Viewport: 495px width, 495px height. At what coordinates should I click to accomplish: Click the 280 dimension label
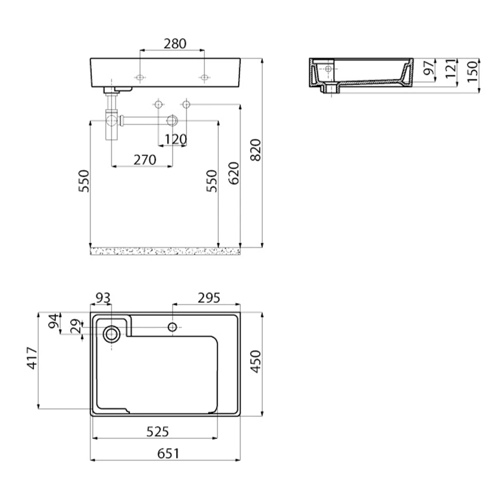[175, 44]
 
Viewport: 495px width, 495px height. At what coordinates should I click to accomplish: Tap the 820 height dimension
[256, 150]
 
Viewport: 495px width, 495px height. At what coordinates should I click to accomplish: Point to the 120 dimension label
[176, 139]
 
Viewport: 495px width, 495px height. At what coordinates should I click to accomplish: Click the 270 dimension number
[145, 160]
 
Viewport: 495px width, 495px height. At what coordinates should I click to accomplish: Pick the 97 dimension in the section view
[429, 67]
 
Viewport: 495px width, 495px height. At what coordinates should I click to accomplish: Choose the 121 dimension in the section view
[451, 68]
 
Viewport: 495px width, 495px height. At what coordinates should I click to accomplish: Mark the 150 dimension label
[473, 72]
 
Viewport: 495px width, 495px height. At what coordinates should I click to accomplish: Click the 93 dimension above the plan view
[103, 297]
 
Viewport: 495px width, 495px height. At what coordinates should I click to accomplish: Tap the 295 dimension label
[209, 297]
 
